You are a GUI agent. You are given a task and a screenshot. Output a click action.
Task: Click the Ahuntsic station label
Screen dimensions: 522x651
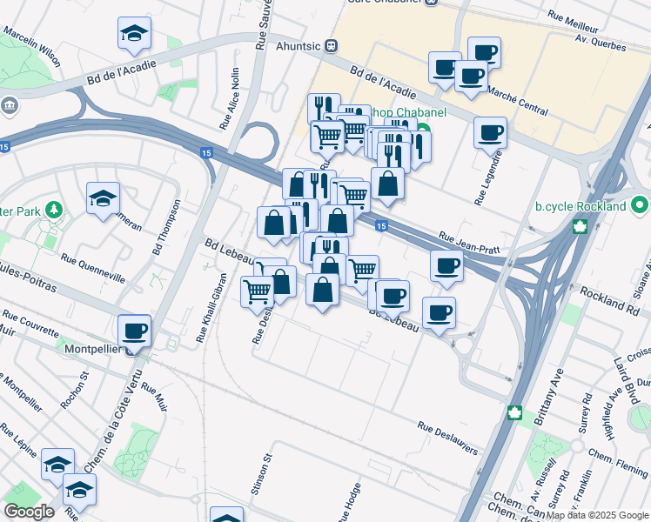299,45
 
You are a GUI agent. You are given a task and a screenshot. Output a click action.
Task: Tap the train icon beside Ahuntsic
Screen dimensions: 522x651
332,45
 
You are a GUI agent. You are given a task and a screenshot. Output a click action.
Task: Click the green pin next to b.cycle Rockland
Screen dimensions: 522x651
641,207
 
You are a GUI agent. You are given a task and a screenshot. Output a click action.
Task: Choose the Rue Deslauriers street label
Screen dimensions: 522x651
447,438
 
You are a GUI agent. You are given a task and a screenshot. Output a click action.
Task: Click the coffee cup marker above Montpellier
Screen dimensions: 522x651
136,331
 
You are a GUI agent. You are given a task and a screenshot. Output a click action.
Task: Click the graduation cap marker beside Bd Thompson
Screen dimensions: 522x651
103,198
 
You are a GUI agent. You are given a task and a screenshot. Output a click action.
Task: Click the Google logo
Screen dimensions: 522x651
29,512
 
